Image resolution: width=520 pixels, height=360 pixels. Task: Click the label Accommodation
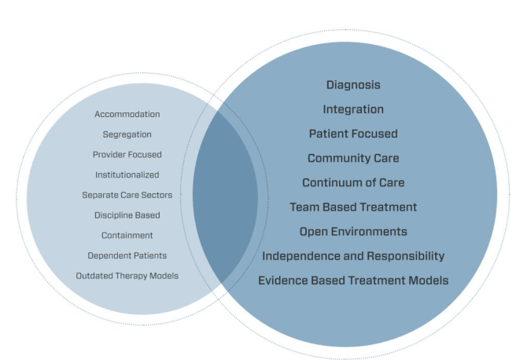tap(127, 114)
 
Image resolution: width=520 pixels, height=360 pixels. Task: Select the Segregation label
tap(127, 134)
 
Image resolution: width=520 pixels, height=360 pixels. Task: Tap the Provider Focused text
tap(127, 155)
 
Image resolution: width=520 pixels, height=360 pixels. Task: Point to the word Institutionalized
tap(127, 174)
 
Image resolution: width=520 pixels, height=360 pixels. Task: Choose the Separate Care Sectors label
tap(127, 195)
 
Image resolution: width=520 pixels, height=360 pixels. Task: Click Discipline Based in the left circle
tap(127, 215)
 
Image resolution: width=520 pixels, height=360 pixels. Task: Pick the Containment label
tap(127, 235)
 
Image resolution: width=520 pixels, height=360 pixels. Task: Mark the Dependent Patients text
tap(127, 256)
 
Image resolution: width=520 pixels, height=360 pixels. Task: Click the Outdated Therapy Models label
tap(127, 276)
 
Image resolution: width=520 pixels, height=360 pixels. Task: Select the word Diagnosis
tap(353, 85)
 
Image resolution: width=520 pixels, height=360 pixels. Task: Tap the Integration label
tap(353, 110)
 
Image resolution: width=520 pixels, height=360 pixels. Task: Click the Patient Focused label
tap(353, 134)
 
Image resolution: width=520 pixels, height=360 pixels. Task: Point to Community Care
tap(353, 159)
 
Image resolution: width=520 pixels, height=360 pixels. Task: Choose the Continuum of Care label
tap(353, 182)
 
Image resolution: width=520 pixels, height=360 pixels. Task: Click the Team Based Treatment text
tap(353, 208)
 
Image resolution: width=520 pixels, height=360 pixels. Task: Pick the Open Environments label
tap(353, 232)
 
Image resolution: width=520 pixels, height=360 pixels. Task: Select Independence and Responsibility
tap(353, 256)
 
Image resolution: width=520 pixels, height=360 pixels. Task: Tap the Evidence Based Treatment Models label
tap(353, 281)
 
